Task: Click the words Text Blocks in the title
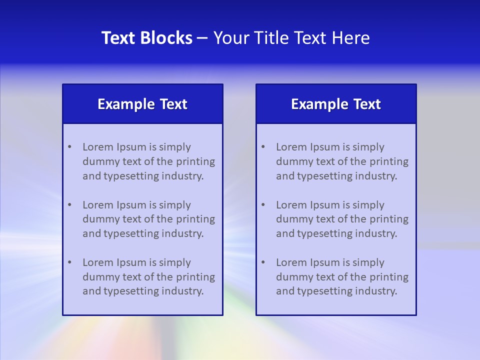coord(146,38)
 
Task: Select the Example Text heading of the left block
coord(142,104)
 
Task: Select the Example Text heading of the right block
coord(336,104)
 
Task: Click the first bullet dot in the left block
coord(69,147)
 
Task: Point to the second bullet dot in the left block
coord(69,205)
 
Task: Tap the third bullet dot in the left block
coord(69,262)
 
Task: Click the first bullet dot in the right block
coord(263,147)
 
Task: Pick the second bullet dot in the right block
coord(263,205)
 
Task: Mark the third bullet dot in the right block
coord(263,262)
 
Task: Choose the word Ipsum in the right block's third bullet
coord(325,262)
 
